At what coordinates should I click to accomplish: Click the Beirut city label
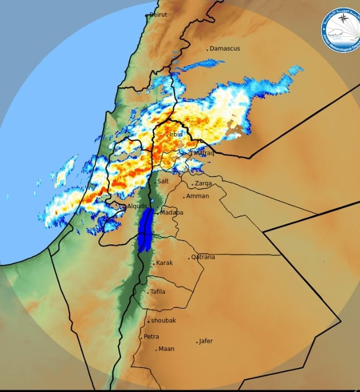click(x=159, y=15)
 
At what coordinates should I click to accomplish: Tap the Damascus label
click(x=225, y=48)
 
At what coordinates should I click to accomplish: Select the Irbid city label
click(x=176, y=134)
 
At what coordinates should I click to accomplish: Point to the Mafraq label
click(x=204, y=153)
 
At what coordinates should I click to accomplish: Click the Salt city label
click(x=163, y=181)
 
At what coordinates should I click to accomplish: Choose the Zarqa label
click(x=202, y=183)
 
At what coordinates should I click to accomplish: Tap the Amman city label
click(x=198, y=196)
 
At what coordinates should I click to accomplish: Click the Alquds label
click(x=137, y=206)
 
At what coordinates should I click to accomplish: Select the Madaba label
click(x=172, y=212)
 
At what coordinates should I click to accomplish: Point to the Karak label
click(x=164, y=263)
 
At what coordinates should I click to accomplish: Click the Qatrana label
click(x=203, y=257)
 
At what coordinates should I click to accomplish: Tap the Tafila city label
click(x=158, y=291)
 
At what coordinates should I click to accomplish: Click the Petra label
click(x=152, y=336)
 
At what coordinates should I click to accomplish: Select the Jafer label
click(x=206, y=341)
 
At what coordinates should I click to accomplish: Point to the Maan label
click(x=166, y=349)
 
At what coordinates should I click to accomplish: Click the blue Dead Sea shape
click(x=145, y=228)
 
